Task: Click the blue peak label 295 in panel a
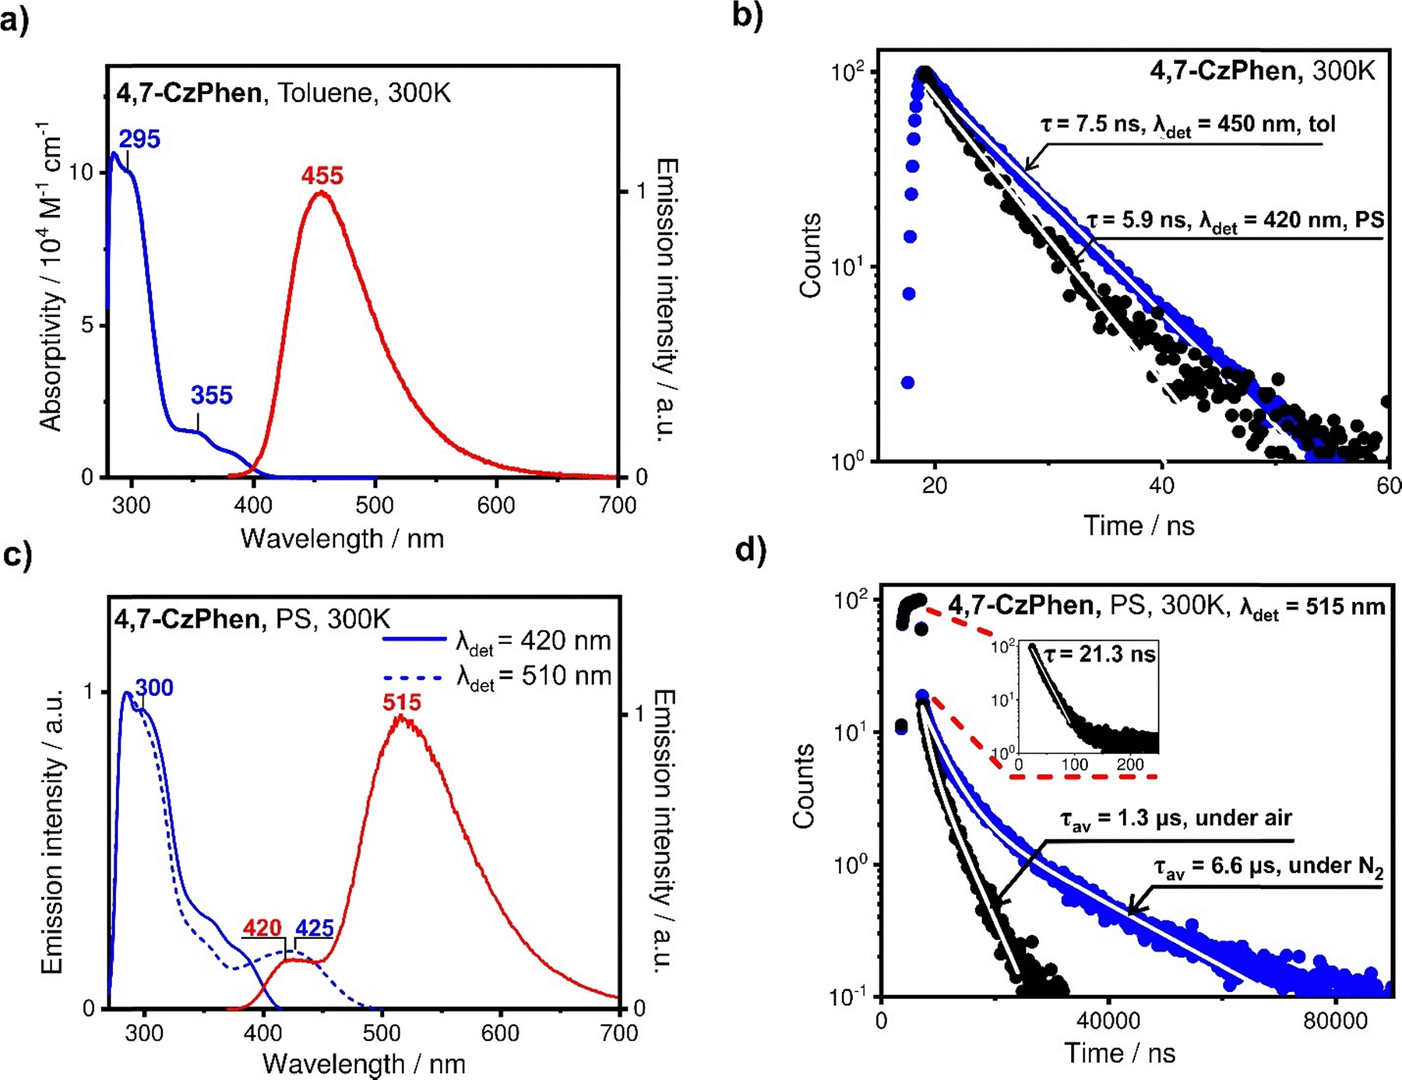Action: [139, 139]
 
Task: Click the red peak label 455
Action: [322, 176]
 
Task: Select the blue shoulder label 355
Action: [211, 396]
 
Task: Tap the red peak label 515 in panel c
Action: [401, 702]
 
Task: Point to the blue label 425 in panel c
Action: [314, 928]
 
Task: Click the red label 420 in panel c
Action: [262, 928]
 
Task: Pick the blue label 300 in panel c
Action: [154, 688]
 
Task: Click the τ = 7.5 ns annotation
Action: [1187, 125]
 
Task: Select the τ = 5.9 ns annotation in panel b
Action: [1235, 221]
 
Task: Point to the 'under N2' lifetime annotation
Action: [1268, 867]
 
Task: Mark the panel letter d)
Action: [751, 550]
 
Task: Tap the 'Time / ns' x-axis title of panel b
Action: [1139, 526]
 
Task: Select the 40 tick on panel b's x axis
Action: [1161, 485]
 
